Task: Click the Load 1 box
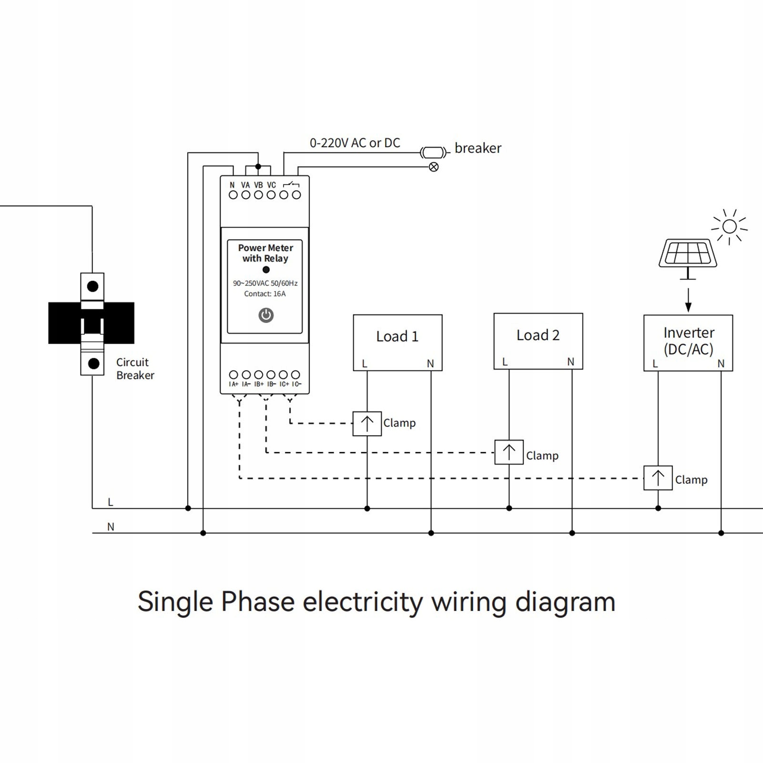point(397,342)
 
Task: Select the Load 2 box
point(538,341)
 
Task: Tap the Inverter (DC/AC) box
point(688,342)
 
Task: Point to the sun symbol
point(729,226)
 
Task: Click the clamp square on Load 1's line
point(367,423)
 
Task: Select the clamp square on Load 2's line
point(509,452)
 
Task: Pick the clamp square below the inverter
point(658,478)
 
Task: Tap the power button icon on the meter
point(266,315)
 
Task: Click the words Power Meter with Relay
point(265,253)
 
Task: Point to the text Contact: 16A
point(265,294)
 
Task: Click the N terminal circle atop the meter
point(233,195)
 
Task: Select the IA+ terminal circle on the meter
point(234,375)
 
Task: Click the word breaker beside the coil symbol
point(478,148)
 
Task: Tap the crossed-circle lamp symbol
point(434,167)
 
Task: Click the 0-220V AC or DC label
point(355,143)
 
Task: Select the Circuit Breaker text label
point(135,369)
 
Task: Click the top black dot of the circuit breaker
point(92,286)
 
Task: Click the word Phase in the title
point(258,601)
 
